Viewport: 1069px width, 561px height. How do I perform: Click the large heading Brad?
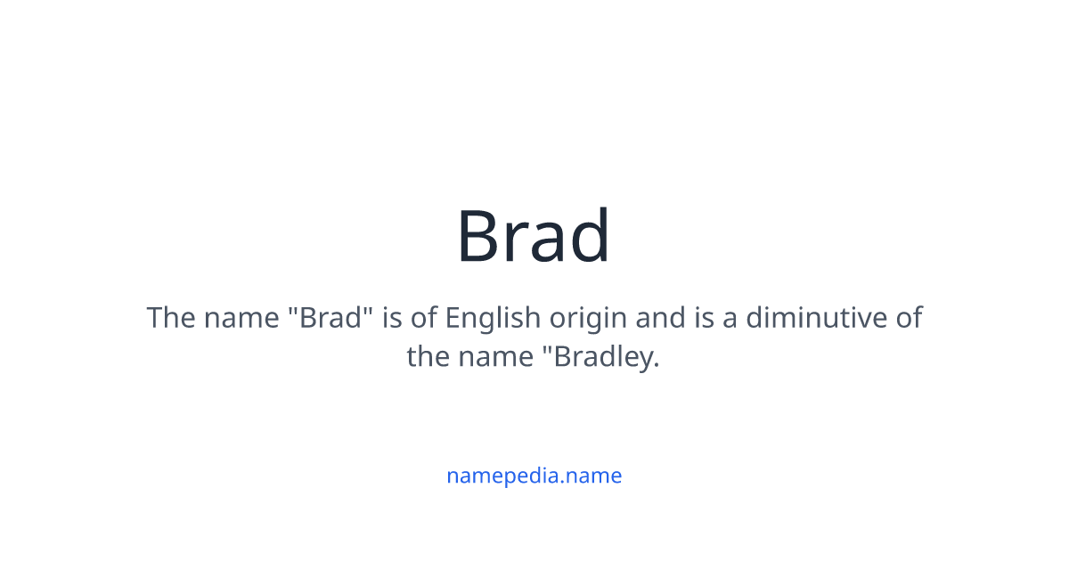tap(534, 237)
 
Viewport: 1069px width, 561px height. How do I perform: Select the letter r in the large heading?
tap(519, 242)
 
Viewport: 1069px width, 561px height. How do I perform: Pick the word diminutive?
tap(805, 318)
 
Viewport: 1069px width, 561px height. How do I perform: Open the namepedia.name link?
tap(534, 476)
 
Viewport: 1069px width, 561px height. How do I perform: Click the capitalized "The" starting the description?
tap(170, 318)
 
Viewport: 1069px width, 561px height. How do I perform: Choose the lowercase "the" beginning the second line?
tap(428, 357)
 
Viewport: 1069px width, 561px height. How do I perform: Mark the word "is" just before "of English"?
tap(392, 318)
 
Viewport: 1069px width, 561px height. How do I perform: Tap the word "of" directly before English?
tap(425, 318)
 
